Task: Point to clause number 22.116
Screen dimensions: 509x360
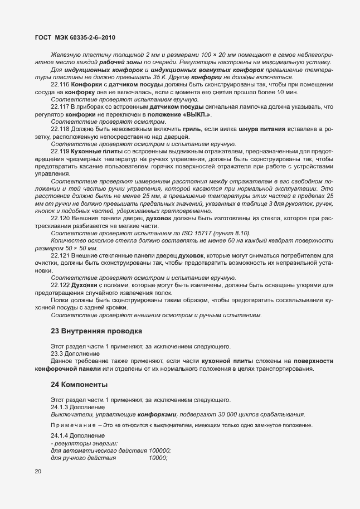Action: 60,84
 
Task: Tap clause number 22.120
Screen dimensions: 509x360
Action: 60,219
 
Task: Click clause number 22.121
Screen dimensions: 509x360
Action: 60,255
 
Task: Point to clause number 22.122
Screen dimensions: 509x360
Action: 60,285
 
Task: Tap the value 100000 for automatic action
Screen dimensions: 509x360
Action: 159,450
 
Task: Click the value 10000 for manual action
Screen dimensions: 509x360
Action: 158,458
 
